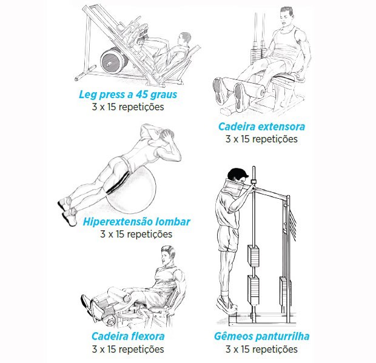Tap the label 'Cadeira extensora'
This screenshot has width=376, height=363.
261,127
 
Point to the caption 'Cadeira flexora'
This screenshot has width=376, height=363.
128,336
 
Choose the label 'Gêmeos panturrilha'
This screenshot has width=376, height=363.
261,336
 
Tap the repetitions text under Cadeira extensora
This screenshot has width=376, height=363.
261,139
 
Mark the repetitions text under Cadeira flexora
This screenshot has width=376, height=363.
128,349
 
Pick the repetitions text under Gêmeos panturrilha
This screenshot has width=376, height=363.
261,349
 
